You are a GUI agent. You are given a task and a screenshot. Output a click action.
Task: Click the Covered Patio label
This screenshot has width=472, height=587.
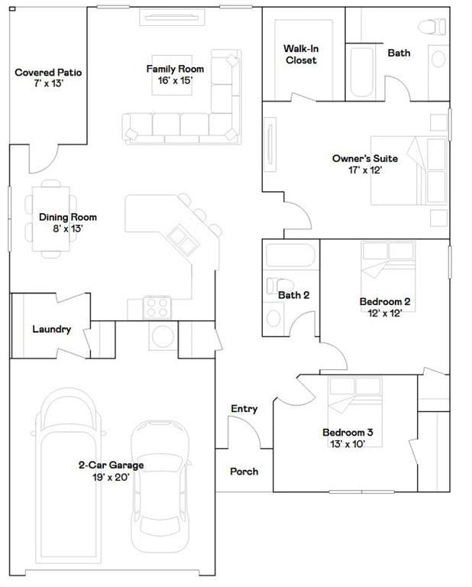(x=48, y=73)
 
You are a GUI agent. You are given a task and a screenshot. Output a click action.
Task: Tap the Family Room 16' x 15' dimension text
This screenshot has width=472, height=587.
(x=175, y=80)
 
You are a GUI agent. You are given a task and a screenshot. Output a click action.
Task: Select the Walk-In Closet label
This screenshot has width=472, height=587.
(x=301, y=54)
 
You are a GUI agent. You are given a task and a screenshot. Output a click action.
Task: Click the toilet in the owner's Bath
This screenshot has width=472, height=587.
(x=432, y=27)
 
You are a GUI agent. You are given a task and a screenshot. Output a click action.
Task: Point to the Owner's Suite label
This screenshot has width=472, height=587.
(x=364, y=158)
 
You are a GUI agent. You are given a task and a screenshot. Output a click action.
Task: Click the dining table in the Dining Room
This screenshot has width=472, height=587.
(x=51, y=219)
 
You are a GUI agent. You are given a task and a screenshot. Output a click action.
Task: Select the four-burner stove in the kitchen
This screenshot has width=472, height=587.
(x=157, y=307)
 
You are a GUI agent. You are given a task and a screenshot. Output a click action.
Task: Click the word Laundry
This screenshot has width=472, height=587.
(x=52, y=329)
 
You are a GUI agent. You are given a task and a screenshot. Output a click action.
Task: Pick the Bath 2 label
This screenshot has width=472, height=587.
(x=293, y=295)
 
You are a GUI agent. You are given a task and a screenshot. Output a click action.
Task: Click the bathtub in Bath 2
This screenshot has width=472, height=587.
(x=290, y=255)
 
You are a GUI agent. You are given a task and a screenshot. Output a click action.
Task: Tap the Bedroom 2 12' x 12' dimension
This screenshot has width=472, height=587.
(x=384, y=313)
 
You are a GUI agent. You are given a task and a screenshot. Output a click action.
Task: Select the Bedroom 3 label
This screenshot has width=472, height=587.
(x=348, y=433)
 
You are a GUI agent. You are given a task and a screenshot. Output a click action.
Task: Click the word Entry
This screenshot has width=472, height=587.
(x=244, y=408)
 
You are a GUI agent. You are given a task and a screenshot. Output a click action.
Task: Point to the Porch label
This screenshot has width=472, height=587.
(x=244, y=472)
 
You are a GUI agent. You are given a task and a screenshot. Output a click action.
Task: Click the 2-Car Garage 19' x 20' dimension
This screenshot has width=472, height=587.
(x=111, y=477)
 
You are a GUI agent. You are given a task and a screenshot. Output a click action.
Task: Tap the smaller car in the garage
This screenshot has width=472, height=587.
(x=160, y=486)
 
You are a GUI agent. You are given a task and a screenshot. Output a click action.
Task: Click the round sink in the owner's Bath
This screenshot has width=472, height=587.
(x=438, y=59)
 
